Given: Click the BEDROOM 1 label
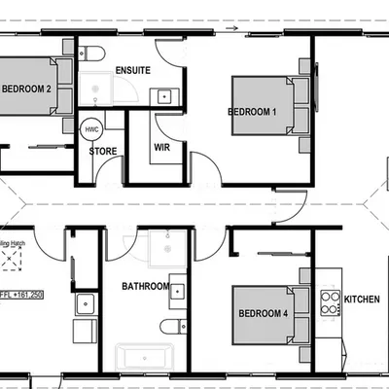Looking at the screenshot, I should point(253,112).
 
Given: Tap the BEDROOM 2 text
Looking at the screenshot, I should point(26,88).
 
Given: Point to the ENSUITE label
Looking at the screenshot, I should point(131,71).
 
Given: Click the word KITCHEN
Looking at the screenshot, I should point(362,300).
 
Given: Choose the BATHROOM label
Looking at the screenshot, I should point(146,287).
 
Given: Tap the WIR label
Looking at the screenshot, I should point(161,148).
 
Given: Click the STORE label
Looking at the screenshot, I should point(103,152).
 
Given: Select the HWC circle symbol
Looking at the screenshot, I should point(90,128).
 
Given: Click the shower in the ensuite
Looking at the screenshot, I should point(97,90).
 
